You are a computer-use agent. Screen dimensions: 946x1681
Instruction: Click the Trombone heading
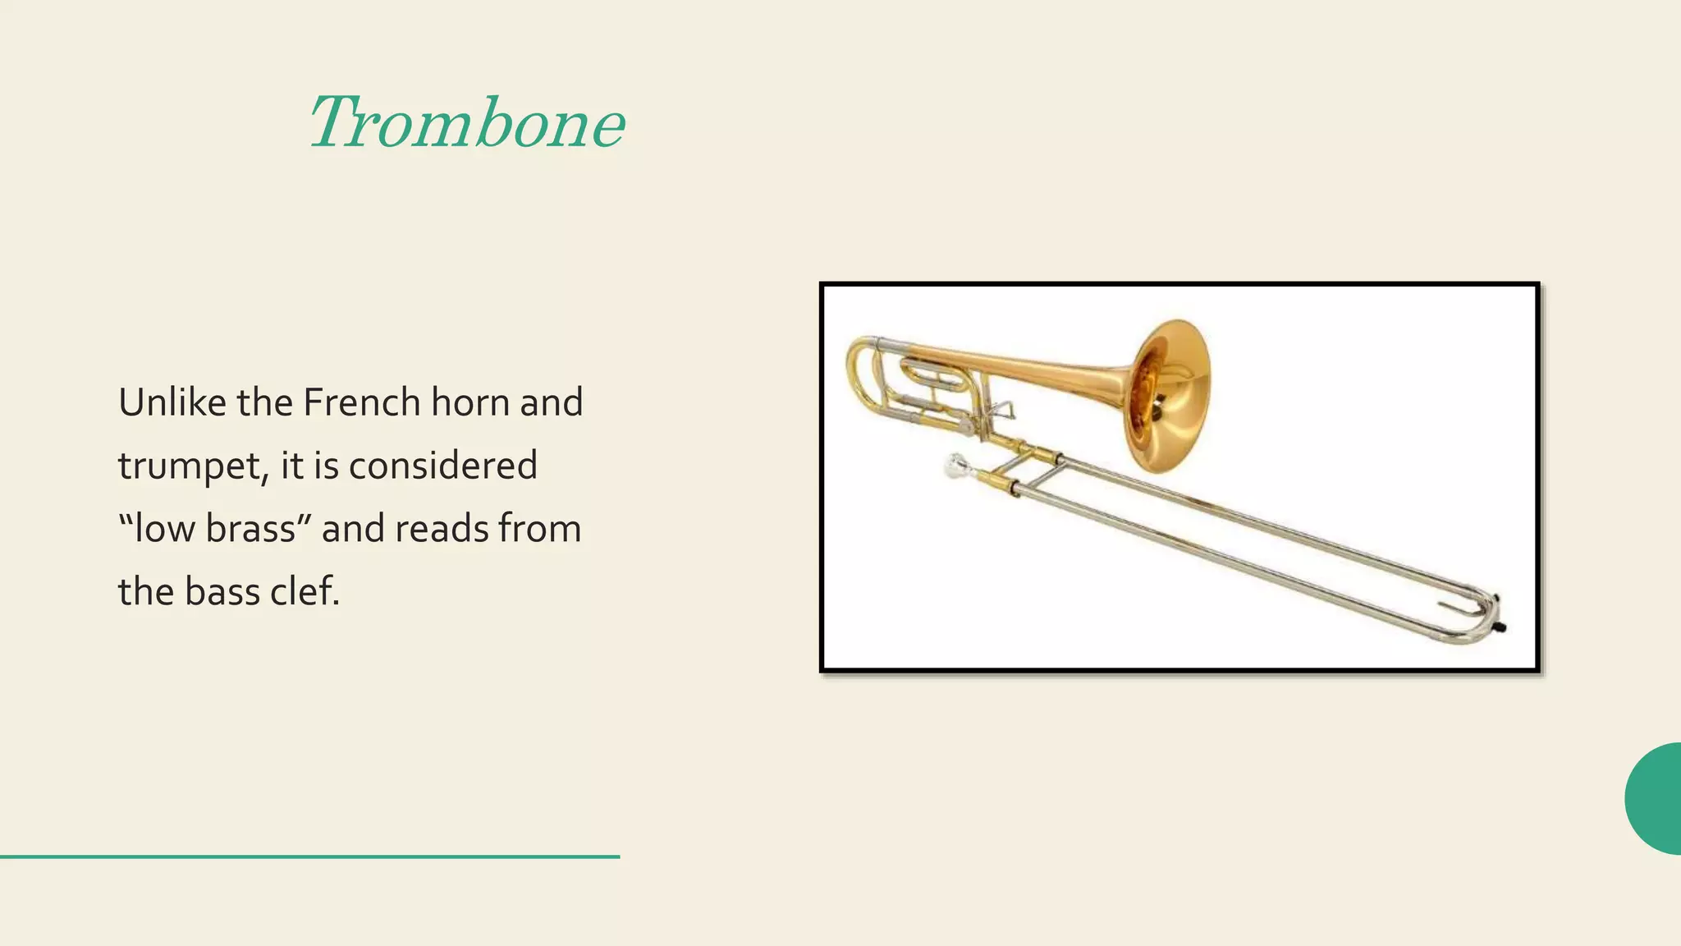[466, 123]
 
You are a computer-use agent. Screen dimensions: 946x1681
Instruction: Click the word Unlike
[172, 402]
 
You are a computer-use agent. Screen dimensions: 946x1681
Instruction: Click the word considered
[442, 466]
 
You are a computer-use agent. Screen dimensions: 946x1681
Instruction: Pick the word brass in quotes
[250, 528]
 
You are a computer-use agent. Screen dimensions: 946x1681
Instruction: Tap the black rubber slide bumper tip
[1501, 627]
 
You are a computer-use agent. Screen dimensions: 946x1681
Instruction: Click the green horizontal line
[309, 856]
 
